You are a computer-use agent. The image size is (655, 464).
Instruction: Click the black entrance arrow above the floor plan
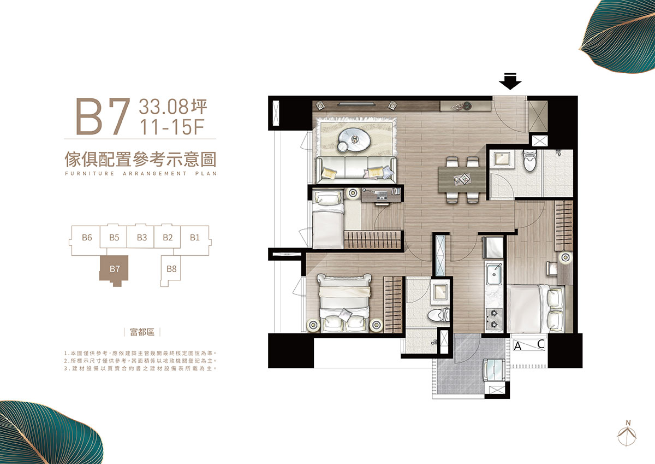point(510,81)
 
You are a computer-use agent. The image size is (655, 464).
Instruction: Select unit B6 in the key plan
point(87,237)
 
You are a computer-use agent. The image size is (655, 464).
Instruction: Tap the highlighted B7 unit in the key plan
point(115,269)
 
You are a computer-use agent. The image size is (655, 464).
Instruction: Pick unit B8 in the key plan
point(171,269)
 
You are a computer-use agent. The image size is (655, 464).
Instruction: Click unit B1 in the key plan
point(195,237)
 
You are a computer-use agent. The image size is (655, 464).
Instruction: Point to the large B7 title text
point(103,116)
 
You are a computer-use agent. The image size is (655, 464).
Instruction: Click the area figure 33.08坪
point(173,107)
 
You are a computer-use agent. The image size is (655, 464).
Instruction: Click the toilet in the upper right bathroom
point(529,161)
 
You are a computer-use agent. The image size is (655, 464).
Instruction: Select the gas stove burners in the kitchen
point(494,319)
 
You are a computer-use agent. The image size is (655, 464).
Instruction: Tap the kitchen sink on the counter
point(495,274)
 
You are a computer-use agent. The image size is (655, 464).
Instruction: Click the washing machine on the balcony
point(495,371)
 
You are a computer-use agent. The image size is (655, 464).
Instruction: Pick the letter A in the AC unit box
point(517,346)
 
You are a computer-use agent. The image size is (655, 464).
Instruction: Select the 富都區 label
point(142,332)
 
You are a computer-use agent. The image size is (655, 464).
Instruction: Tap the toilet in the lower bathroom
point(438,315)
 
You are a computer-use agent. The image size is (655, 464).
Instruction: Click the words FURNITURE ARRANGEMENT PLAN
point(141,173)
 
